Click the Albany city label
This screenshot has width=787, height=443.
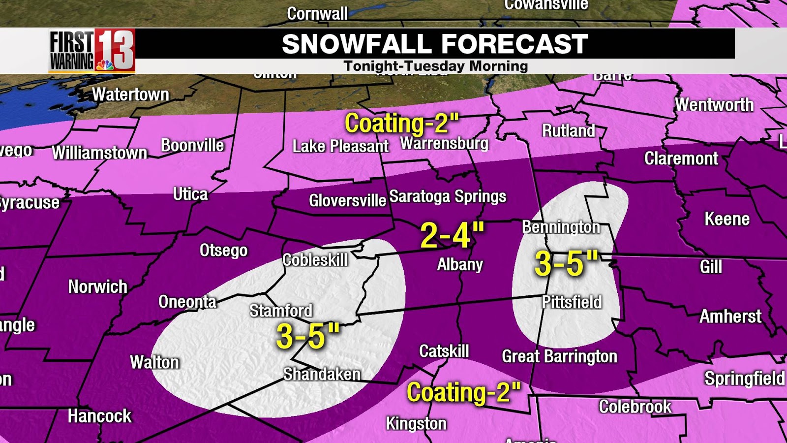pos(460,265)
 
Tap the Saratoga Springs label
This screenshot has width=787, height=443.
pos(448,196)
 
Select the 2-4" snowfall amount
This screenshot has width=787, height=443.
pos(452,235)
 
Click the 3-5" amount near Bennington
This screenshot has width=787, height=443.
pos(566,263)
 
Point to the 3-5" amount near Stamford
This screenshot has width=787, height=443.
pos(308,337)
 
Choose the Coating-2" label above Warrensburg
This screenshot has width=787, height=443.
pos(402,124)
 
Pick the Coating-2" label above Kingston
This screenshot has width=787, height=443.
pos(463,393)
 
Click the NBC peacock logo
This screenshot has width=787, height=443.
pos(104,65)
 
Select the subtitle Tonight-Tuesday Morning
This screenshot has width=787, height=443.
pos(435,66)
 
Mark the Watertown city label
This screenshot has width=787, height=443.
pos(130,95)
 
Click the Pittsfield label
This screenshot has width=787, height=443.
pos(572,302)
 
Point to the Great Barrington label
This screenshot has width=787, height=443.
pos(559,356)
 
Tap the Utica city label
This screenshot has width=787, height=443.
pos(190,194)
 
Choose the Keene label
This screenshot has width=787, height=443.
pos(726,219)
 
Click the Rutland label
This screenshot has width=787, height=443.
pos(568,131)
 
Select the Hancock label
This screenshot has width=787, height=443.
pos(99,416)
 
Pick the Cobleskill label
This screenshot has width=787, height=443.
pos(315,260)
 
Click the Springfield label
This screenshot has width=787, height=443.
pos(744,379)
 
